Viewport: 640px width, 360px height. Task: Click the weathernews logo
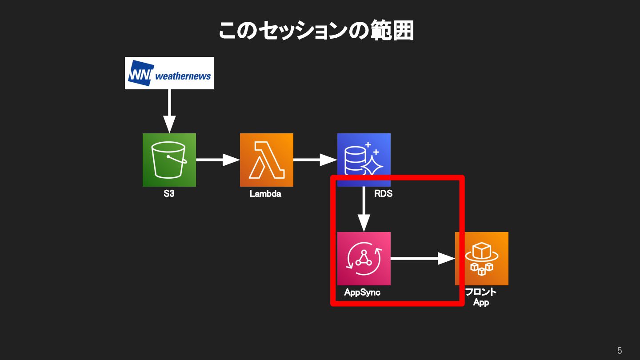(x=169, y=73)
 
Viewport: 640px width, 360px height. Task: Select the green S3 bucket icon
(x=169, y=160)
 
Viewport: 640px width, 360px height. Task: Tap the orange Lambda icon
(x=266, y=160)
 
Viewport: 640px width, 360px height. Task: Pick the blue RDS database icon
(x=364, y=160)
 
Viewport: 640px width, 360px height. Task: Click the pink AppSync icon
(x=364, y=258)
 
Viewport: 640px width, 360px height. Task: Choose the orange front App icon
(x=481, y=258)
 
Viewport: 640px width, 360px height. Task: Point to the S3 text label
(x=169, y=194)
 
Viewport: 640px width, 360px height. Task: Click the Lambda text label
(x=265, y=194)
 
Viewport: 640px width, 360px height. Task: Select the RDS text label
(x=383, y=194)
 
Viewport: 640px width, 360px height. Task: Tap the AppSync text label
(x=362, y=292)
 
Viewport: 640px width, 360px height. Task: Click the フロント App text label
(x=481, y=297)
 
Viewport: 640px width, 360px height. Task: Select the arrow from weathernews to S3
(x=169, y=111)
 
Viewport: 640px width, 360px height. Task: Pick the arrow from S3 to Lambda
(x=218, y=160)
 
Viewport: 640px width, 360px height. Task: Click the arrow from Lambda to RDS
(x=315, y=160)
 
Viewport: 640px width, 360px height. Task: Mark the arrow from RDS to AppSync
(x=364, y=209)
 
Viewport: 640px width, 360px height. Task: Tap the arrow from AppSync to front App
(x=423, y=258)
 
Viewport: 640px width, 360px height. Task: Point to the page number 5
(x=620, y=351)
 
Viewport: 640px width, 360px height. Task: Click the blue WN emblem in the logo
(x=140, y=72)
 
